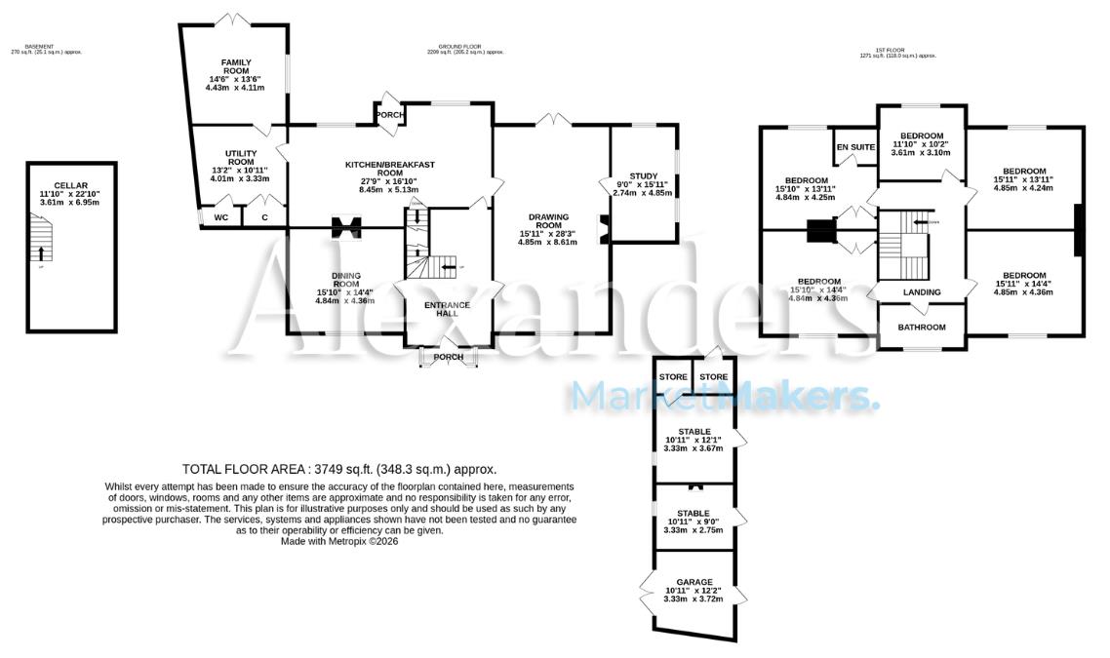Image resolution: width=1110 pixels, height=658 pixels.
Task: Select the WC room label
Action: click(x=221, y=217)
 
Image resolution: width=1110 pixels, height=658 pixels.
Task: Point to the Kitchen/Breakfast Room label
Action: click(x=389, y=170)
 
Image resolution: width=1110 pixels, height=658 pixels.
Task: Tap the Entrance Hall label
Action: click(x=447, y=310)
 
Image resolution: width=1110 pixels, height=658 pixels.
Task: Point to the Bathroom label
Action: click(x=922, y=328)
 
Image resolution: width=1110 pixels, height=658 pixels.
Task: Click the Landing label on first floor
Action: click(x=921, y=292)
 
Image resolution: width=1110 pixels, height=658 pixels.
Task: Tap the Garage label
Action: click(x=695, y=582)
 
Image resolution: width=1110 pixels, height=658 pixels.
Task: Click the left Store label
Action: click(x=672, y=377)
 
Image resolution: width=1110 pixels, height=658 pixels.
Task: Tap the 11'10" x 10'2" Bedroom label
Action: click(x=921, y=135)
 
